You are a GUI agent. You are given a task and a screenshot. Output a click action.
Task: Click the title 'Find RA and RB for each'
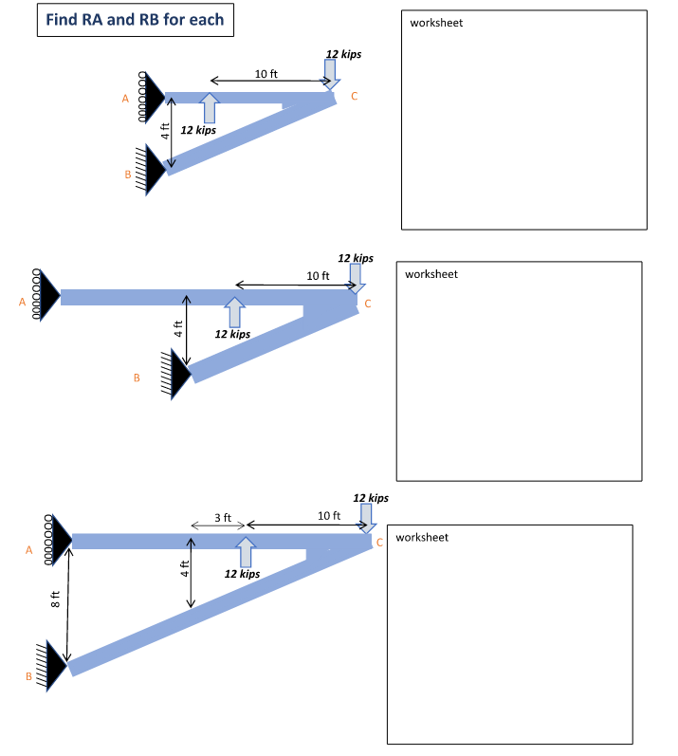[135, 20]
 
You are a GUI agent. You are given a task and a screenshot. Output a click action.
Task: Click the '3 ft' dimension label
[223, 518]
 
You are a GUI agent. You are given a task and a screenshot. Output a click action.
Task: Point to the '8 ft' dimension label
[55, 599]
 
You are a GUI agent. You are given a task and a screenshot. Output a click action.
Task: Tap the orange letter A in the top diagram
[125, 99]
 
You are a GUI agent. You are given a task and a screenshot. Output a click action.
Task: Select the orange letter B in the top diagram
[128, 175]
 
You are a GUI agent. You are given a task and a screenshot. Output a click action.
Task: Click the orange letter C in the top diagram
[355, 97]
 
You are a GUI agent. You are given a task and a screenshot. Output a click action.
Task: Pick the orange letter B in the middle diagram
[137, 378]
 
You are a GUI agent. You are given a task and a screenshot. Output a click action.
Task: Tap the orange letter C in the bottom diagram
[379, 543]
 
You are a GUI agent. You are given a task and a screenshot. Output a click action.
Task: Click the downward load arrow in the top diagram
[330, 74]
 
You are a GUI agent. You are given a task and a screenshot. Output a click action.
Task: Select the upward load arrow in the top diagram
[210, 108]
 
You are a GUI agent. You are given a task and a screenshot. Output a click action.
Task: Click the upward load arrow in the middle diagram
[234, 312]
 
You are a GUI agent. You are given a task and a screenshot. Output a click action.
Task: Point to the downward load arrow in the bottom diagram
[366, 518]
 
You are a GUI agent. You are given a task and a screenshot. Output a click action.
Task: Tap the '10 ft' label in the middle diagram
[318, 276]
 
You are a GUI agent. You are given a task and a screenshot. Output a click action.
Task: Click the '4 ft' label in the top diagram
[165, 131]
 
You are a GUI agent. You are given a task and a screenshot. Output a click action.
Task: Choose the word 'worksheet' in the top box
[436, 23]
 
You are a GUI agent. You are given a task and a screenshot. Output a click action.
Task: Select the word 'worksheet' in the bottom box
[422, 538]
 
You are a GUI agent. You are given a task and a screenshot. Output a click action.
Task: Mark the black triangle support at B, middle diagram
[181, 374]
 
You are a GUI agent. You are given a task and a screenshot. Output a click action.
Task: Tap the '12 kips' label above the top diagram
[343, 54]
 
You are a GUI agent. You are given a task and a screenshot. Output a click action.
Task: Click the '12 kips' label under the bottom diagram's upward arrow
[242, 574]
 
